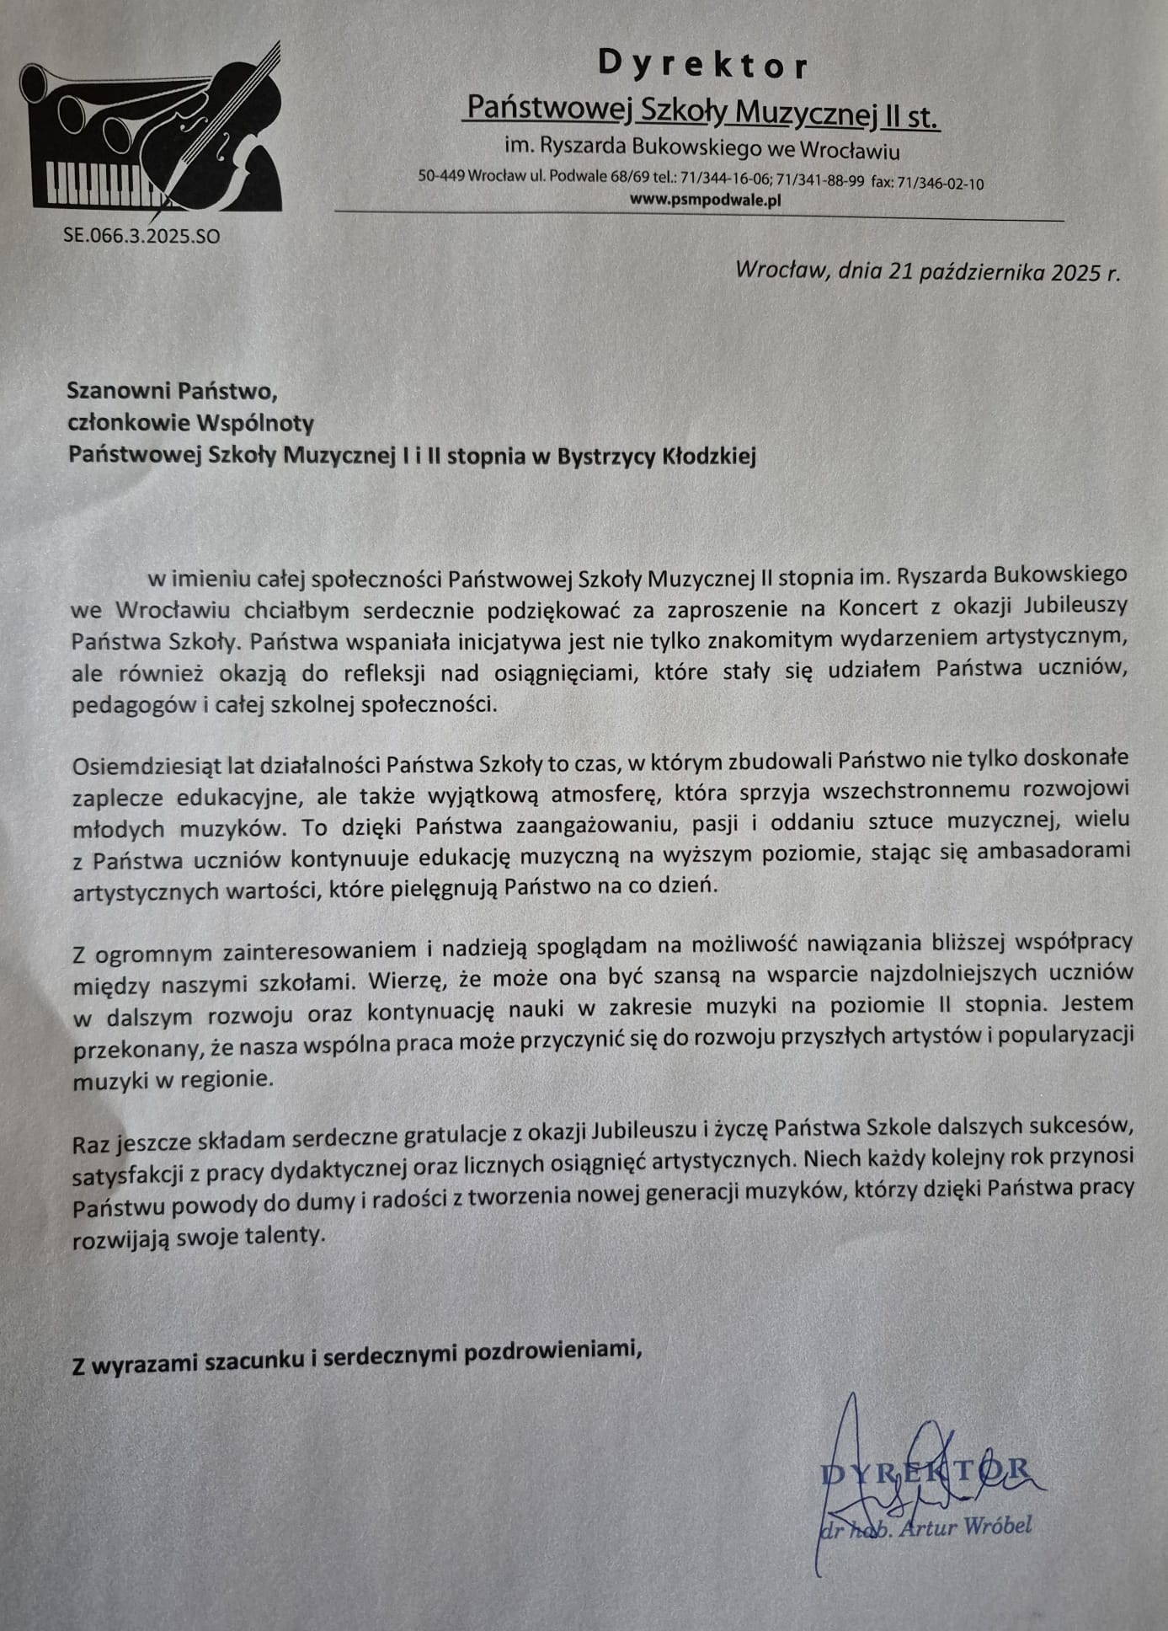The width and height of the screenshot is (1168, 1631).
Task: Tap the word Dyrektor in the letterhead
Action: tap(703, 64)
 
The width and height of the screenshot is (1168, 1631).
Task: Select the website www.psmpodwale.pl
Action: tap(706, 201)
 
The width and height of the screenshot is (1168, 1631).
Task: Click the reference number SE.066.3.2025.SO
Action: tap(141, 237)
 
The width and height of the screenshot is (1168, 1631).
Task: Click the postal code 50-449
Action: tap(440, 178)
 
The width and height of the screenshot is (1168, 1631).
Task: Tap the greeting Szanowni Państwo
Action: tap(172, 391)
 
